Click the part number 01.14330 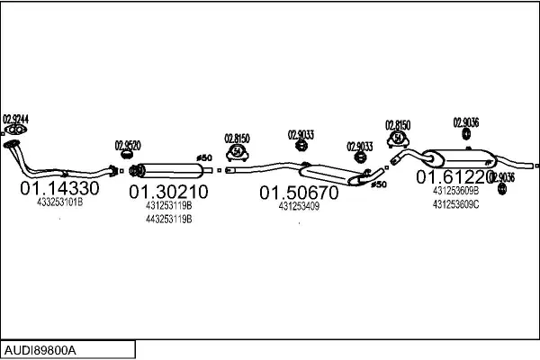click(x=59, y=189)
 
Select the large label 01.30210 click(x=168, y=192)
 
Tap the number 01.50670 click(x=300, y=193)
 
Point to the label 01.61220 click(x=455, y=177)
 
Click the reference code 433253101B click(x=59, y=203)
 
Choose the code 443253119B click(x=168, y=219)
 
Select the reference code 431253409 click(x=300, y=206)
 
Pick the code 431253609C click(x=455, y=204)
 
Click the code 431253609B click(x=455, y=191)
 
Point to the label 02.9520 click(x=127, y=144)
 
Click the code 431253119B click(x=168, y=205)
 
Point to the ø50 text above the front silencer click(x=203, y=157)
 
